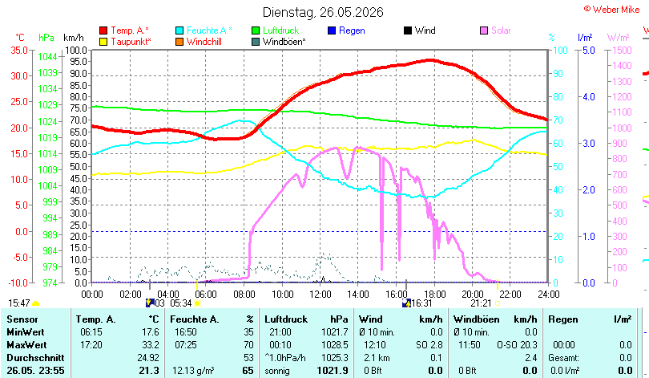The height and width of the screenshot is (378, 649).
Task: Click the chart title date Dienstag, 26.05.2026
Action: tap(323, 12)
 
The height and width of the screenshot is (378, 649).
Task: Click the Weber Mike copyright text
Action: tap(612, 10)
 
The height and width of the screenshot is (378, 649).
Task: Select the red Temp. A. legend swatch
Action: tap(103, 30)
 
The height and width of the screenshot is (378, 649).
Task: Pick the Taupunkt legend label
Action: tap(131, 42)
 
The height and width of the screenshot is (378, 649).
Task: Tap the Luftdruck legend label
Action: tap(280, 30)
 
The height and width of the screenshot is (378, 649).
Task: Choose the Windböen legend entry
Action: tap(279, 42)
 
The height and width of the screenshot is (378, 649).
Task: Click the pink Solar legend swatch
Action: tap(484, 30)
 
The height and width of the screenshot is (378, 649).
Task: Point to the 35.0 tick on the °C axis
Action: tap(19, 50)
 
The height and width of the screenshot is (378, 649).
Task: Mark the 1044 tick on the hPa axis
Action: tap(47, 57)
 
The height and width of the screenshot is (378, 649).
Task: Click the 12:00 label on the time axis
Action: tap(320, 295)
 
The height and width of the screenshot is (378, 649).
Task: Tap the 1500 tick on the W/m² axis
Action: tap(622, 50)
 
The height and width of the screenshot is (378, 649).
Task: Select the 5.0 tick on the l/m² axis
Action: tap(589, 50)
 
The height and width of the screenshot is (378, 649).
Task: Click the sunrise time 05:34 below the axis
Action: tap(181, 303)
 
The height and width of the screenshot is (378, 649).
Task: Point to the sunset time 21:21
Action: tap(481, 303)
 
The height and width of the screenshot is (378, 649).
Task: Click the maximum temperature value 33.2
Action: tap(151, 345)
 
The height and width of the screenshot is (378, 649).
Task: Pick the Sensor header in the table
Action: tap(22, 319)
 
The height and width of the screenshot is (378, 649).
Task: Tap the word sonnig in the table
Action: tap(277, 371)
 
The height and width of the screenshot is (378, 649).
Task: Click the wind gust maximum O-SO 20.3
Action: tap(517, 345)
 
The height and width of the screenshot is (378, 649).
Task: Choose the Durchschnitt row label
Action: tap(35, 358)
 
